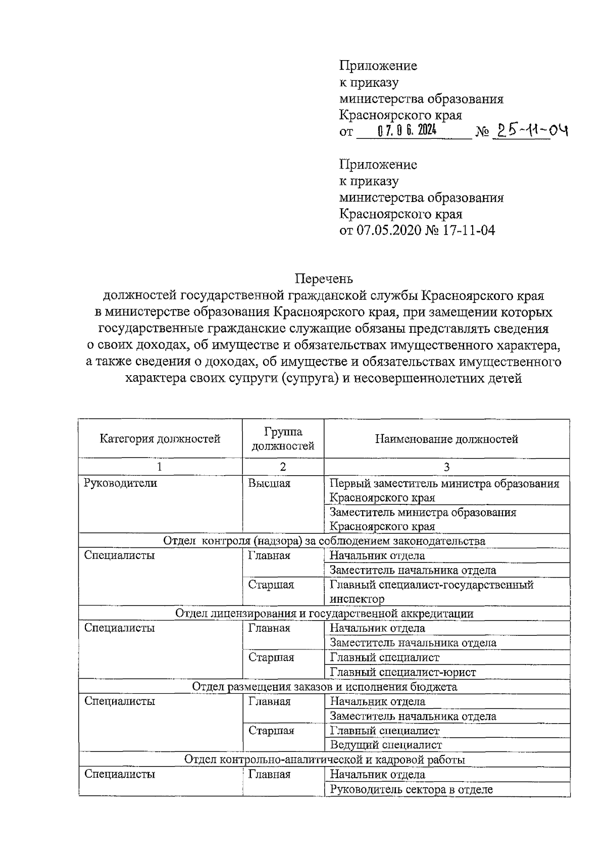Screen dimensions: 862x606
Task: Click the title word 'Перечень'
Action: tap(324, 278)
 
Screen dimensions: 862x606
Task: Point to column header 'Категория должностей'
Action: tap(160, 438)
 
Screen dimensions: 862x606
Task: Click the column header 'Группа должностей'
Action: tap(283, 438)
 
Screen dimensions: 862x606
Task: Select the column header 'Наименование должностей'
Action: tap(446, 438)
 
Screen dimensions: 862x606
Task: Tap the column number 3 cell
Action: tap(446, 467)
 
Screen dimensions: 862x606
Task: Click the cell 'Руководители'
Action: tap(121, 483)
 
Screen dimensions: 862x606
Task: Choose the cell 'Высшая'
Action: tap(269, 483)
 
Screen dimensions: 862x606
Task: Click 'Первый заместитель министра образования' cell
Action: tap(444, 490)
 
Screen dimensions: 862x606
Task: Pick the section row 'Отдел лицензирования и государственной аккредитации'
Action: tap(324, 613)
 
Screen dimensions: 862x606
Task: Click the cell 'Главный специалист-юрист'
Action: tap(402, 672)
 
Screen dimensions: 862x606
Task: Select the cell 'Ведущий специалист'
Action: tap(386, 745)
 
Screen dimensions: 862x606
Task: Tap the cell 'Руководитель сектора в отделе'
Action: tap(411, 789)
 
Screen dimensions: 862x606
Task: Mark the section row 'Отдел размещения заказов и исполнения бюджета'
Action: tap(324, 686)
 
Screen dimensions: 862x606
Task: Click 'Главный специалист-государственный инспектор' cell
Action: tap(431, 591)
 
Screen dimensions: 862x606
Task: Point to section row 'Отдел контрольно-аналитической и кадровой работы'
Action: tap(324, 759)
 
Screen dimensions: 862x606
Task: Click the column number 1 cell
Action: tap(160, 467)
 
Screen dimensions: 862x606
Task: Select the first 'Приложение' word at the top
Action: tap(378, 66)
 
